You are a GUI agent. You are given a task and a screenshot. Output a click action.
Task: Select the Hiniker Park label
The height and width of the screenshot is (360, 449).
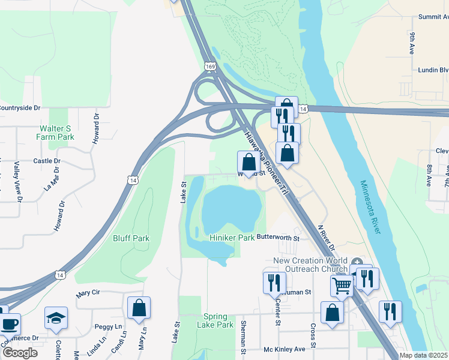pos(232,238)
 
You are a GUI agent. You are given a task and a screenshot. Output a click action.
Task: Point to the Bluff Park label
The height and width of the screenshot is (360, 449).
pos(131,238)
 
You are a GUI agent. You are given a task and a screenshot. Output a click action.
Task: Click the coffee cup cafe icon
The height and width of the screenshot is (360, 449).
pos(8,324)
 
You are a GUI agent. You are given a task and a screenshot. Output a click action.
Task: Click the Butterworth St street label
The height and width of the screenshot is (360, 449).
pos(278,237)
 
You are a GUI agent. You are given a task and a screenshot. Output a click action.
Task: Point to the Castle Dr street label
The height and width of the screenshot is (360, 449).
pos(47,161)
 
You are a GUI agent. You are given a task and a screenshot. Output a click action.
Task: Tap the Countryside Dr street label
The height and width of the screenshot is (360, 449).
pos(20,108)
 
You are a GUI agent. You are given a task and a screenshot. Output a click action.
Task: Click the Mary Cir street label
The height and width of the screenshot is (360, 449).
pos(87,295)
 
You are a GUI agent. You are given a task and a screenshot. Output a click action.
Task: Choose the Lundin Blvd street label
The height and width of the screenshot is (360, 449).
pos(433,70)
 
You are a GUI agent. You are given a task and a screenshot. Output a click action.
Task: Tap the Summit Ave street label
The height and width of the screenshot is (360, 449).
pos(433,17)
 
